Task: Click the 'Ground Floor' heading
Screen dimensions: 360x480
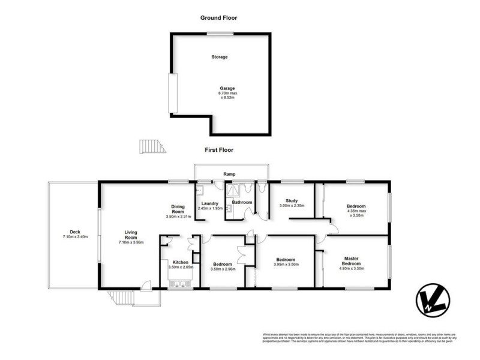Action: pos(218,18)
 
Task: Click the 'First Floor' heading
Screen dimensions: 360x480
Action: pos(218,150)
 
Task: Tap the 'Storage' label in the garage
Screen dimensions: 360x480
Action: pos(219,57)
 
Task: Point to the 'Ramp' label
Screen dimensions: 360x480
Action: pos(229,174)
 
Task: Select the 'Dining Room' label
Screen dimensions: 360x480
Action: pos(178,209)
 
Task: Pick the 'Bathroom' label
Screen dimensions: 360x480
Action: pos(242,202)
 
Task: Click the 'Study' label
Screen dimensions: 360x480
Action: pos(292,201)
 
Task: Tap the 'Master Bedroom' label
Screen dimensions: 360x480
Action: pos(351,262)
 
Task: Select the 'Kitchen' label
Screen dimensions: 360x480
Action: pos(181,263)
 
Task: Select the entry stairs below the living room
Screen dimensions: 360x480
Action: pos(121,296)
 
